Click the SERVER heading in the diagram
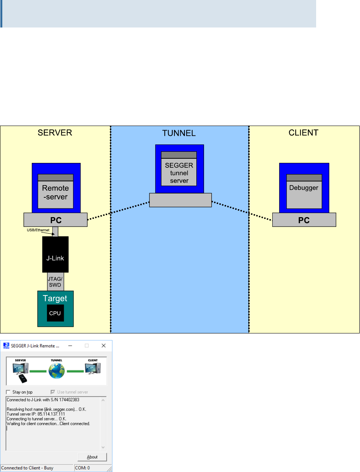[x=55, y=133]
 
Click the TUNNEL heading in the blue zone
[x=179, y=133]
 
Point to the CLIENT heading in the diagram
[x=303, y=133]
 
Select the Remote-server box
[x=55, y=192]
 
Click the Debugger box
[x=304, y=192]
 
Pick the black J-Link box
[x=55, y=254]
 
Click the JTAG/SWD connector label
[x=55, y=282]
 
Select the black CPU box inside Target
[x=55, y=313]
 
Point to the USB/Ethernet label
[x=38, y=230]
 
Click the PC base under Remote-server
[x=56, y=220]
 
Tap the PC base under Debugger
[x=304, y=220]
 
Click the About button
[x=92, y=457]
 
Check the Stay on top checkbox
[x=8, y=392]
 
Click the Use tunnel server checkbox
[x=53, y=392]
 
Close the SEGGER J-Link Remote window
[x=103, y=346]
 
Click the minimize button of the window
[x=70, y=346]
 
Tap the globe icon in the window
[x=56, y=371]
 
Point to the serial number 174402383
[x=69, y=400]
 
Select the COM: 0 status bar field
[x=83, y=468]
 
